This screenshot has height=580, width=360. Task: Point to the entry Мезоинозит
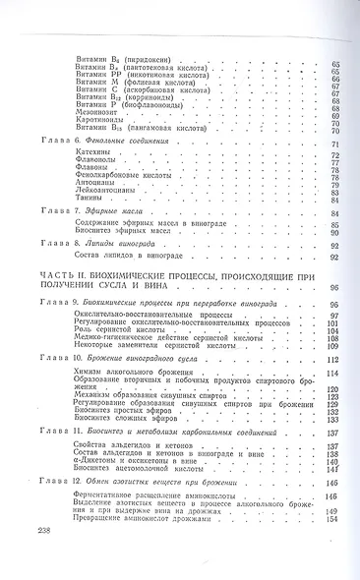98,113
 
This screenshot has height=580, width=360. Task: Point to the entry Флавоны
90,171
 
